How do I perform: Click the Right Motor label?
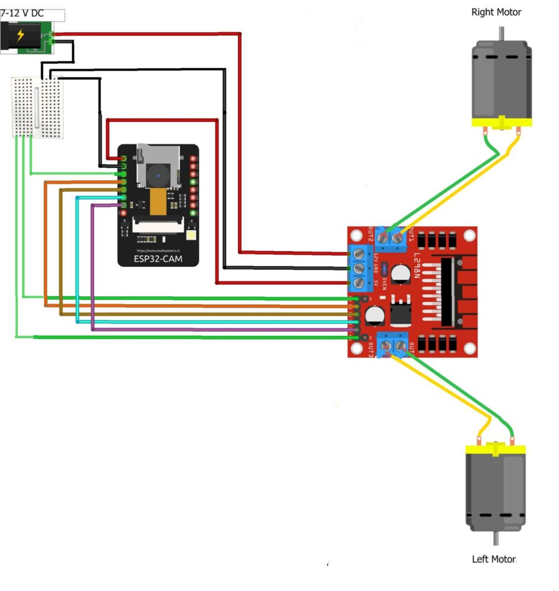click(496, 12)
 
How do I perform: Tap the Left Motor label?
click(494, 559)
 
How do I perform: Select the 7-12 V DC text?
click(22, 13)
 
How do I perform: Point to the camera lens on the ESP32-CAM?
click(157, 174)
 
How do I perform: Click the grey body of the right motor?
click(501, 81)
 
